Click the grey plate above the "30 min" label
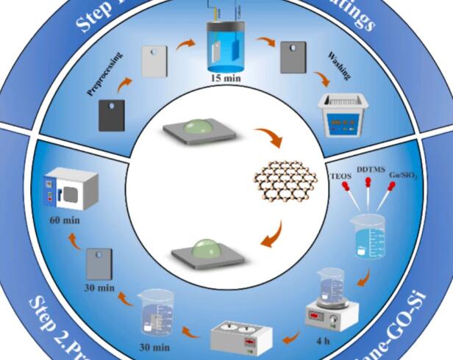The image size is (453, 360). point(99,262)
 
